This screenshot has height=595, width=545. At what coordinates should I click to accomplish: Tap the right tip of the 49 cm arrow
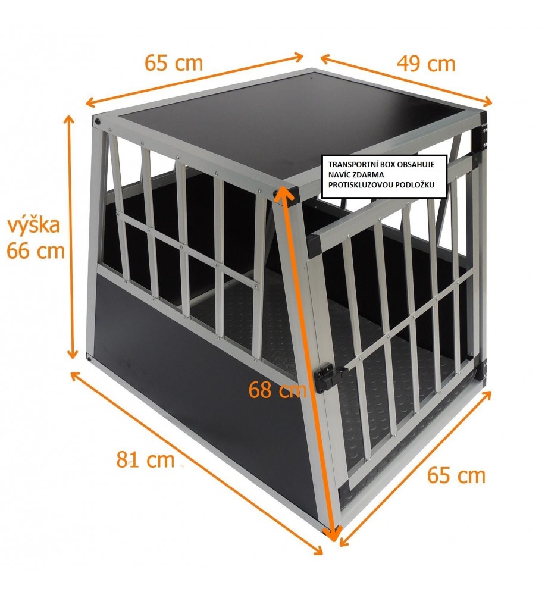click(x=491, y=102)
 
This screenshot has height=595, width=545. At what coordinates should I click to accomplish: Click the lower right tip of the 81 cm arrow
click(x=322, y=553)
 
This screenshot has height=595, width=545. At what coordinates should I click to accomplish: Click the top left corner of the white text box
click(x=322, y=155)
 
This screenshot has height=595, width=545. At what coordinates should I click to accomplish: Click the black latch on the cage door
click(x=325, y=377)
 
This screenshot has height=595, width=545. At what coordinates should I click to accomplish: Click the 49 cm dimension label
click(x=426, y=64)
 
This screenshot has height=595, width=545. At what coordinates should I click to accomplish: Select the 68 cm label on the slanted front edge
click(x=277, y=389)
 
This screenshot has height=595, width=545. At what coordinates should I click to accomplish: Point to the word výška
click(x=34, y=225)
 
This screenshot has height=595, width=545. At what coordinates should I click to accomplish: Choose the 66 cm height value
click(x=36, y=251)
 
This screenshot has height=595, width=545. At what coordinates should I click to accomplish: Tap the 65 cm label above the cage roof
click(x=174, y=63)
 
